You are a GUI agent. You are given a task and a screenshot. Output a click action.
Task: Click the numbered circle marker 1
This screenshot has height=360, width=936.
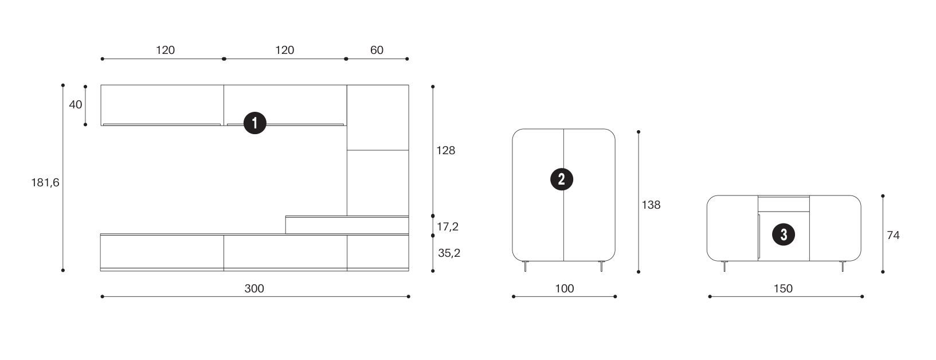tap(255, 123)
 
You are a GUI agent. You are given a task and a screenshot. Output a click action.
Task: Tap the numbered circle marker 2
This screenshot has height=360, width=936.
tap(562, 179)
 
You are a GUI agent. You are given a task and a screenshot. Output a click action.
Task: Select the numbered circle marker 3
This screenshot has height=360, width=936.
tap(784, 234)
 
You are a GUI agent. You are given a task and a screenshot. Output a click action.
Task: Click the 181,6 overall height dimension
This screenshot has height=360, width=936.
tap(45, 183)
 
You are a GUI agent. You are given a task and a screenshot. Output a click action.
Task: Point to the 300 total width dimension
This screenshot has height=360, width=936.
tap(254, 288)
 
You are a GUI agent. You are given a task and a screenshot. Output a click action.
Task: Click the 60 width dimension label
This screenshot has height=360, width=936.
tap(377, 50)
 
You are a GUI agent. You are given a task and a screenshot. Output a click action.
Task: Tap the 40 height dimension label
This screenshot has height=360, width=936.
tap(76, 104)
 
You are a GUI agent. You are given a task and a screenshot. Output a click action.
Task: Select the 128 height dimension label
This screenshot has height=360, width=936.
tap(446, 151)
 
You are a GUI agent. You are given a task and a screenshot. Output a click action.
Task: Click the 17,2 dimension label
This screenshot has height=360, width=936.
tap(448, 227)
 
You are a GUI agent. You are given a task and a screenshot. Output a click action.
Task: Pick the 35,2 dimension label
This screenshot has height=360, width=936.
tap(449, 253)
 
